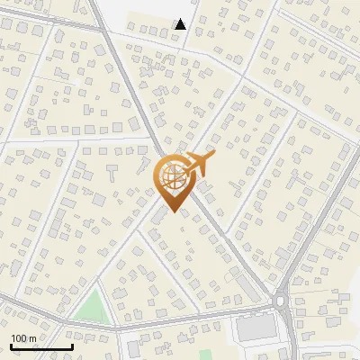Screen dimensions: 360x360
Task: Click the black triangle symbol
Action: coord(181,24)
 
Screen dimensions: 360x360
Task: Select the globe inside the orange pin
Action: coord(173,177)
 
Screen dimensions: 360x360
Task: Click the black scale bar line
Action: coord(41,346)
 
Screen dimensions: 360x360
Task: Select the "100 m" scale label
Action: coord(23,337)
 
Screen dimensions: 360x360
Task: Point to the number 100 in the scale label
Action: coord(19,337)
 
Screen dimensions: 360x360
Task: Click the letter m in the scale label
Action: coord(32,338)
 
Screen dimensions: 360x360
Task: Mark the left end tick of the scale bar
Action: coord(11,345)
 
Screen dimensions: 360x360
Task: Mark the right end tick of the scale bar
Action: coord(72,345)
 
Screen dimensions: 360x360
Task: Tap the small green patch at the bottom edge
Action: coord(205,354)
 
